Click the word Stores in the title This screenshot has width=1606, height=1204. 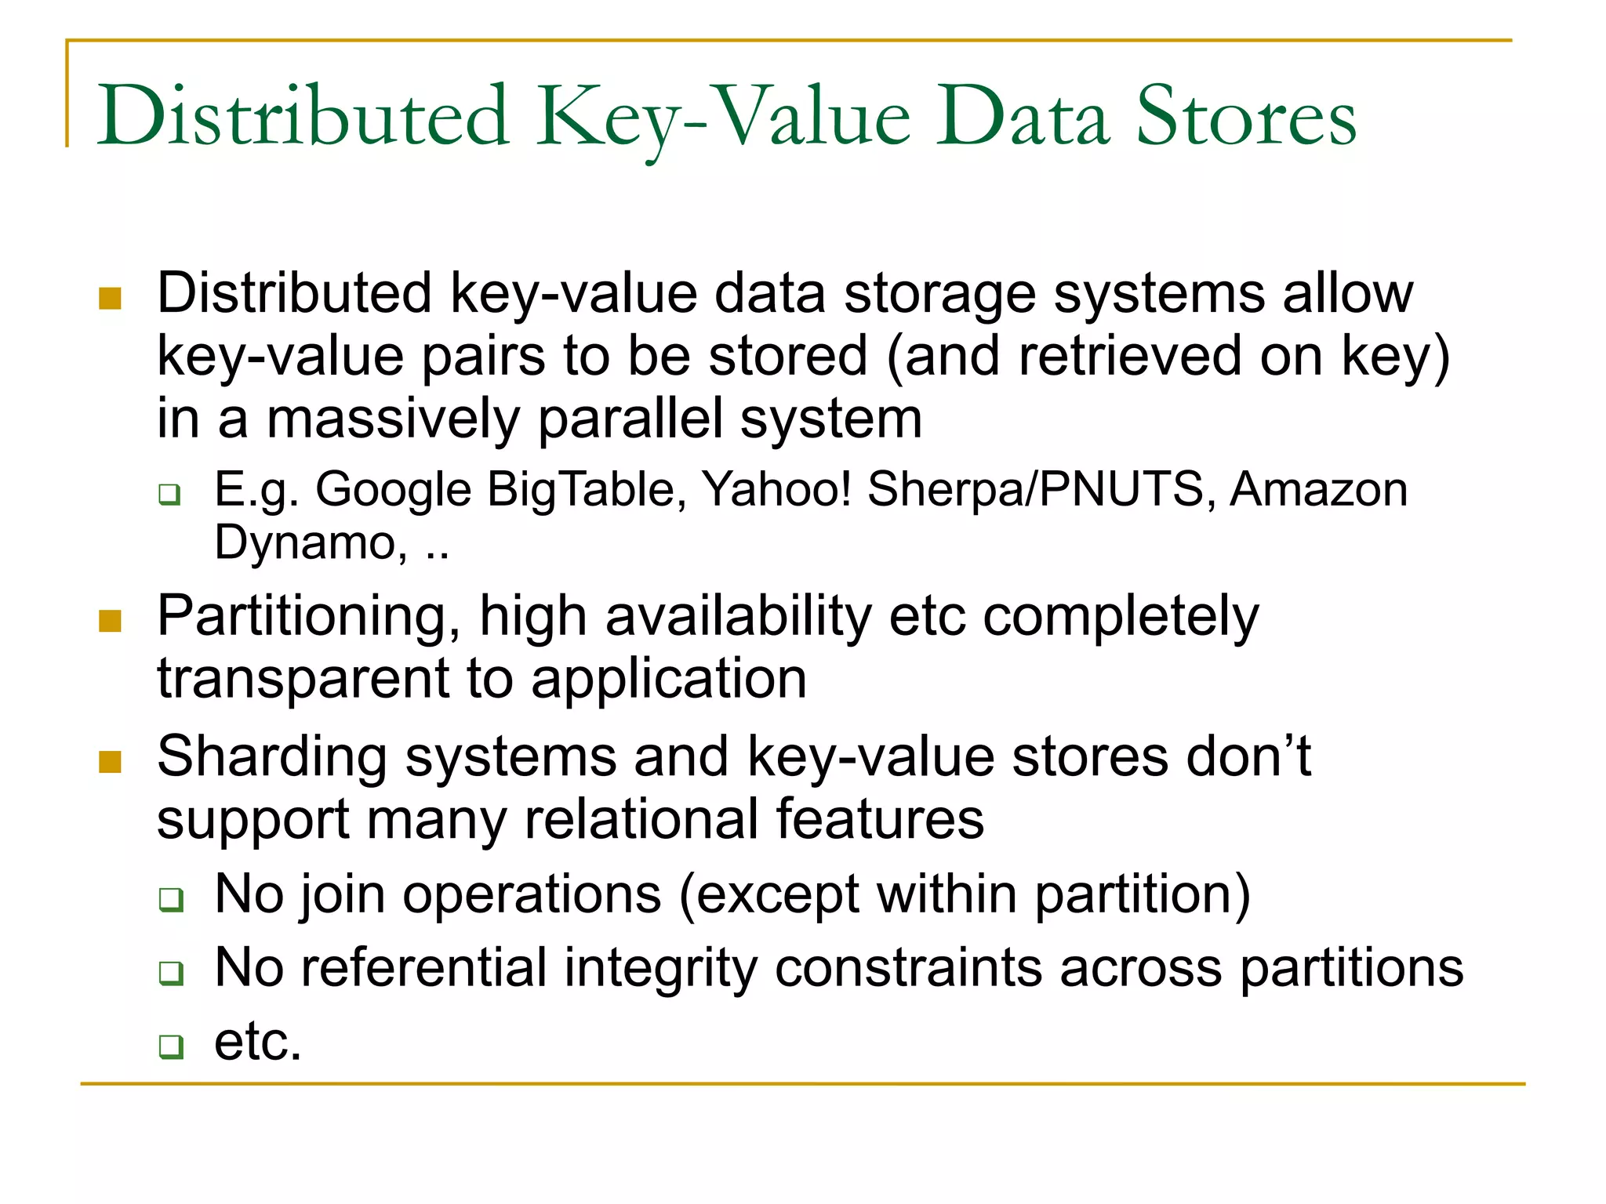pyautogui.click(x=1246, y=118)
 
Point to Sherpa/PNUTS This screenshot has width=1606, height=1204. pyautogui.click(x=1035, y=490)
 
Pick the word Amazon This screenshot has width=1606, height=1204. pyautogui.click(x=1318, y=490)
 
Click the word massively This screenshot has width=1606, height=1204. pyautogui.click(x=393, y=419)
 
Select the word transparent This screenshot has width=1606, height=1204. pyautogui.click(x=303, y=679)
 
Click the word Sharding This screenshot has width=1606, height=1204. pyautogui.click(x=271, y=757)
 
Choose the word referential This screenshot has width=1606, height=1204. pyautogui.click(x=423, y=967)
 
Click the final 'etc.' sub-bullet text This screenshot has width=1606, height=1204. pyautogui.click(x=258, y=1042)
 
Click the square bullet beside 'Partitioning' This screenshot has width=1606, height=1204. pyautogui.click(x=111, y=621)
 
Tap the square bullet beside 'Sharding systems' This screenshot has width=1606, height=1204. pyautogui.click(x=111, y=761)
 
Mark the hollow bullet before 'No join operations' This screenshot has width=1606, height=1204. pyautogui.click(x=170, y=899)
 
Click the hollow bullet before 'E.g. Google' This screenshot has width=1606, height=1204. pyautogui.click(x=169, y=495)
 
